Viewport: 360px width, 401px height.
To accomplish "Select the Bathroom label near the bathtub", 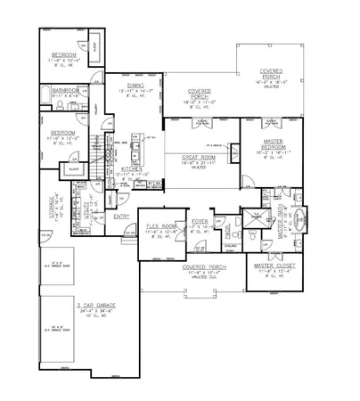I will point(66,91).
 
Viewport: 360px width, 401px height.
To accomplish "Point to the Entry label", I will point(121,215).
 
